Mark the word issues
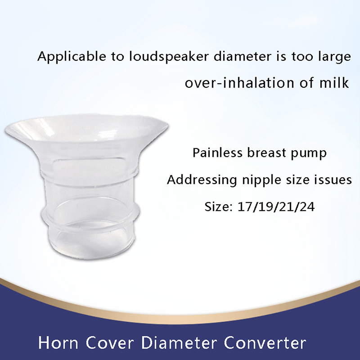point(331,180)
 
